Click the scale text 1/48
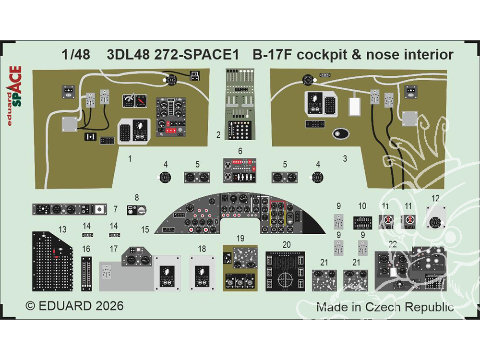(x=76, y=55)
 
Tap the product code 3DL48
(x=126, y=55)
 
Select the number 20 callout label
(x=287, y=244)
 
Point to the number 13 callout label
(x=62, y=229)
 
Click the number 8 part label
(x=137, y=197)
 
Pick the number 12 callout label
(x=435, y=198)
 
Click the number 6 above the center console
(x=240, y=151)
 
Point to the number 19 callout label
(x=240, y=239)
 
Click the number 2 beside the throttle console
(x=218, y=136)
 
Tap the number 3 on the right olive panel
(x=345, y=157)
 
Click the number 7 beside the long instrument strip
(x=116, y=210)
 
